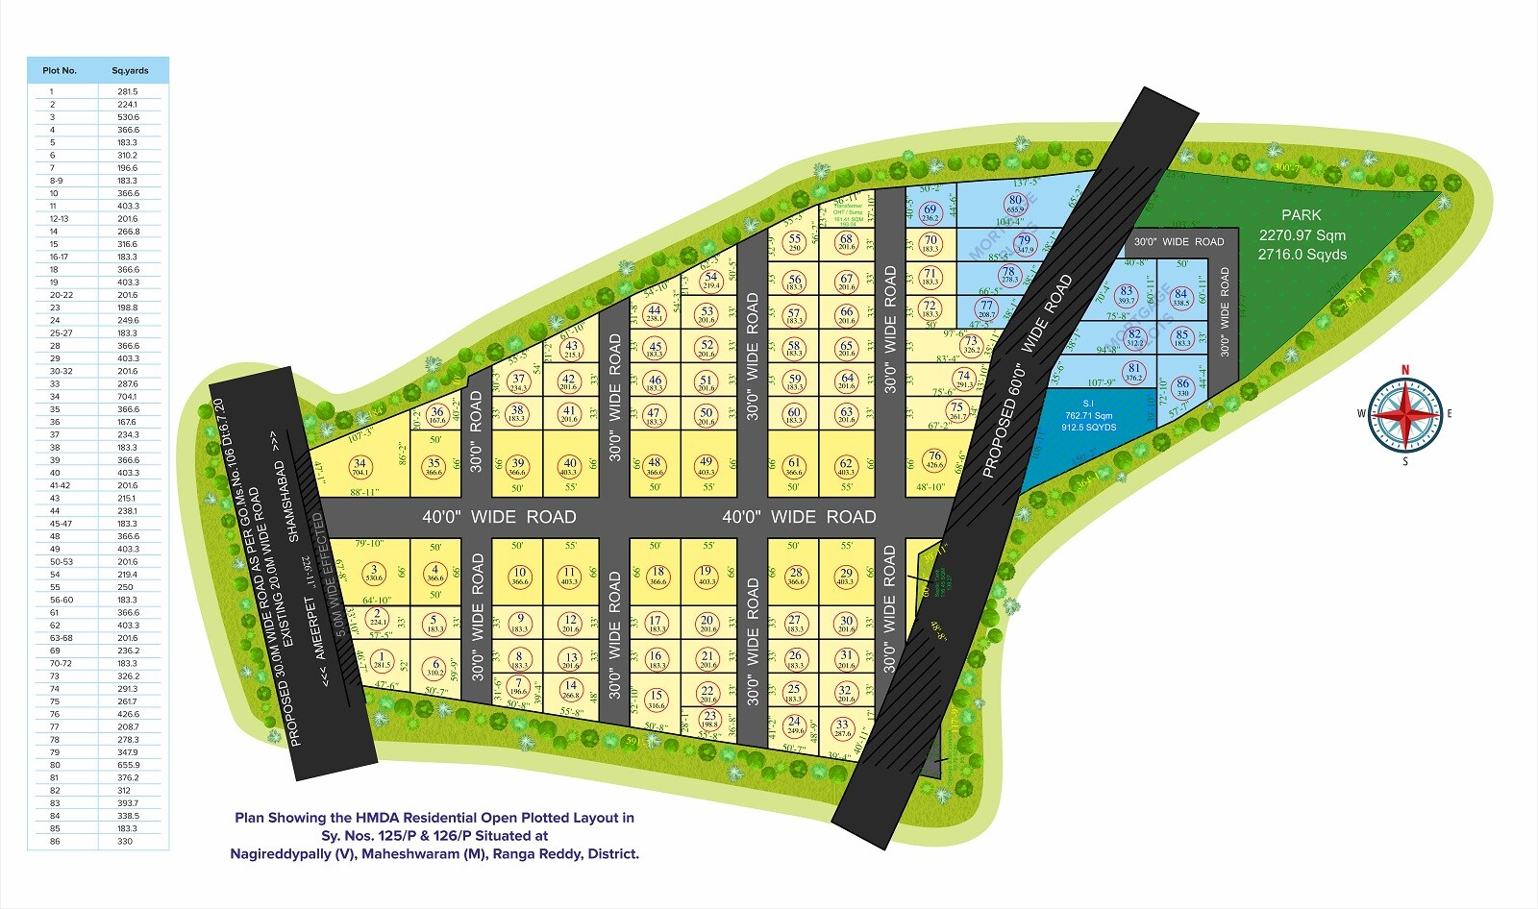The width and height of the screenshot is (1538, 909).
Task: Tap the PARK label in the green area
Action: tap(1301, 215)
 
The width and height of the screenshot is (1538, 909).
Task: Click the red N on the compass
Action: tap(1405, 370)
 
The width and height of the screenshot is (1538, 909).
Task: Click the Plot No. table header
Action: tap(60, 71)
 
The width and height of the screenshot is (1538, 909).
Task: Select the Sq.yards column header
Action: tap(130, 71)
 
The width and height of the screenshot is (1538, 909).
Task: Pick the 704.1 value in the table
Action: tap(128, 396)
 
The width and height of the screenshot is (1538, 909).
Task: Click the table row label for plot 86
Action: tap(55, 841)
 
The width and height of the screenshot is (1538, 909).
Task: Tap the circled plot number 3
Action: tap(375, 574)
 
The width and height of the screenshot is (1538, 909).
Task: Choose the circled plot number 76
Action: tap(934, 460)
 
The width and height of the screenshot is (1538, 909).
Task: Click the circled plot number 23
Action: tap(709, 719)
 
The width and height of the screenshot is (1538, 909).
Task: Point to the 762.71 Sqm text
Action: tap(1088, 416)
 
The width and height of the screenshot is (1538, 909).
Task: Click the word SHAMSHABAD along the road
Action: tap(286, 501)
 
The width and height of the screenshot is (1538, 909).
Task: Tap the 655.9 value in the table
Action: tap(128, 765)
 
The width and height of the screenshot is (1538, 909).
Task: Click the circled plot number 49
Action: tap(706, 466)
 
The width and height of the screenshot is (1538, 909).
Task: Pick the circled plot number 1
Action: tap(382, 660)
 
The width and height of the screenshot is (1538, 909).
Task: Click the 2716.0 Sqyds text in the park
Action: tap(1302, 255)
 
